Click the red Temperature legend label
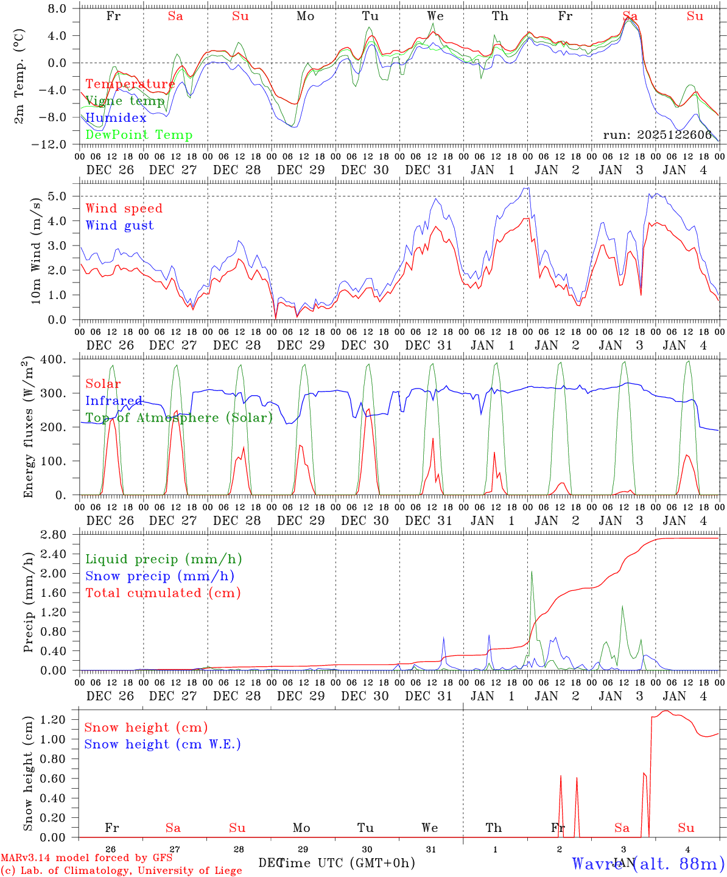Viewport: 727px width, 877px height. (x=130, y=84)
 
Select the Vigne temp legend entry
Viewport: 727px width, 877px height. (x=125, y=101)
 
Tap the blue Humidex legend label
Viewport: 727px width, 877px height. (x=116, y=118)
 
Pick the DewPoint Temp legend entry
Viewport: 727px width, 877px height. (x=139, y=135)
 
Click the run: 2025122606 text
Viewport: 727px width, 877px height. (x=658, y=135)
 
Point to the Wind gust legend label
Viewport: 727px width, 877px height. (x=119, y=225)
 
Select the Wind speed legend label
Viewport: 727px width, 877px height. (x=124, y=208)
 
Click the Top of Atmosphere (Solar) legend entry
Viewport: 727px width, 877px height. (x=179, y=418)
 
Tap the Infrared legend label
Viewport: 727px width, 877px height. (x=114, y=401)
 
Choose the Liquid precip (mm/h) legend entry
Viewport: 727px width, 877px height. (x=163, y=559)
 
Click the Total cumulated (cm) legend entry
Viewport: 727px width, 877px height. (x=163, y=593)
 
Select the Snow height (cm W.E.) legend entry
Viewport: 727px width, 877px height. (x=163, y=744)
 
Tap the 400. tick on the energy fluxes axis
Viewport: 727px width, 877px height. (x=54, y=359)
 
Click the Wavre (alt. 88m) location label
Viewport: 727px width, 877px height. (x=648, y=863)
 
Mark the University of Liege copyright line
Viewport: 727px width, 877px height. (x=121, y=870)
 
